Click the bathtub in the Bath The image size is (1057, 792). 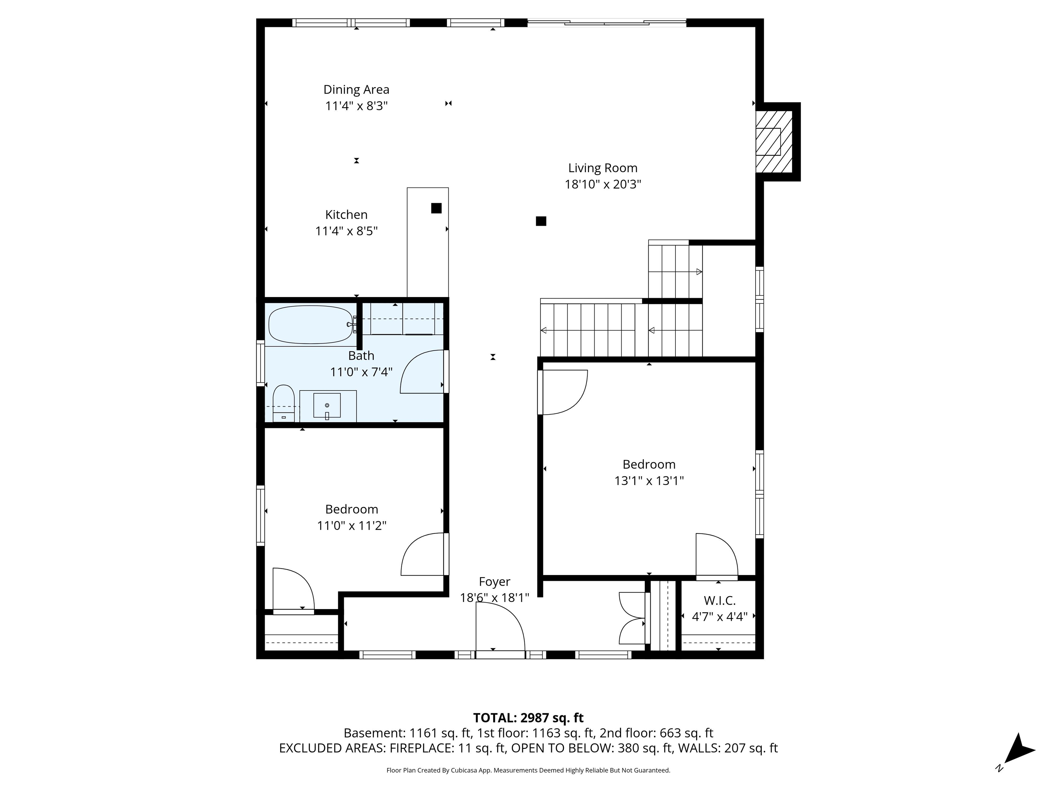tap(311, 324)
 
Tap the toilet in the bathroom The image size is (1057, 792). tap(284, 404)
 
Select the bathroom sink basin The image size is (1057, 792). tap(327, 405)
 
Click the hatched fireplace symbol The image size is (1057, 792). tap(773, 142)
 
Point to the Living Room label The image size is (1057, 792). tap(602, 168)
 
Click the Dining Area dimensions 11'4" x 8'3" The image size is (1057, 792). tap(356, 106)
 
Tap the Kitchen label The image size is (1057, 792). tap(346, 215)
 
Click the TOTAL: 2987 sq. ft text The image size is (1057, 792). tap(528, 718)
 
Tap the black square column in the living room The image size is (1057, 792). tap(541, 221)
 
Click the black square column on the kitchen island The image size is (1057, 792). tap(436, 208)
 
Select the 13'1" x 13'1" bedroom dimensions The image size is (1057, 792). tap(649, 481)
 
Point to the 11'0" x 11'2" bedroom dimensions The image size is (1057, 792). tap(352, 526)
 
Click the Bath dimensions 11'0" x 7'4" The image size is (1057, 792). tap(361, 372)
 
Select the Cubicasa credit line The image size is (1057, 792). tap(528, 770)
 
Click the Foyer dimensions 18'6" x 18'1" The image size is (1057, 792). tap(494, 598)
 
